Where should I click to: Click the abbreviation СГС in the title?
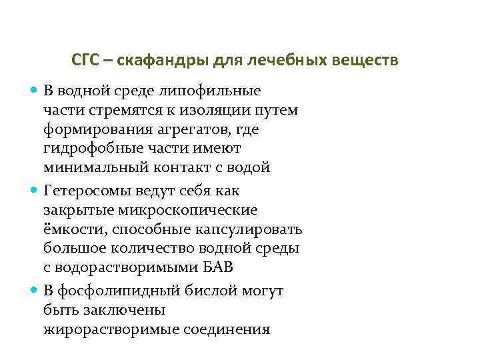tap(86, 61)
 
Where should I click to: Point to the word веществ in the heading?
tap(371, 61)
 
